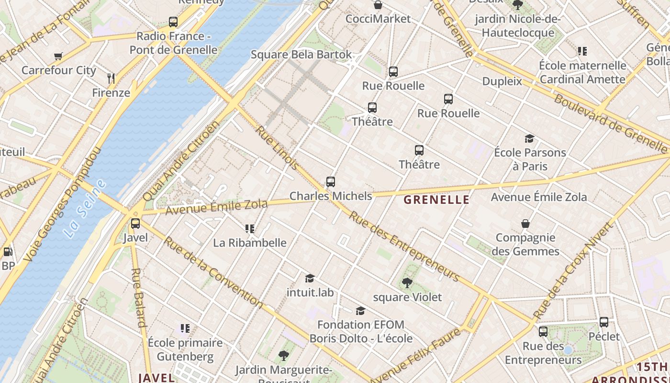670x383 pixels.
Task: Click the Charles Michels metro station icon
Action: coord(331,182)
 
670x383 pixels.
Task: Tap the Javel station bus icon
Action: coord(135,223)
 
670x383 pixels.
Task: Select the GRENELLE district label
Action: coord(436,200)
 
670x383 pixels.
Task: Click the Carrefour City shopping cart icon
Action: coord(58,56)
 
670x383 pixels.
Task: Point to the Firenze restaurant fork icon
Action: coord(111,78)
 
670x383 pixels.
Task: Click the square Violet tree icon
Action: coord(407,283)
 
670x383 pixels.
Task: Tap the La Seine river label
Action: coord(85,209)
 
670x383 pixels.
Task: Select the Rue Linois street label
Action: coord(277,148)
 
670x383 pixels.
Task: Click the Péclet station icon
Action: coord(604,322)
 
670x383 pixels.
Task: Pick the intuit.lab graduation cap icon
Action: coord(310,278)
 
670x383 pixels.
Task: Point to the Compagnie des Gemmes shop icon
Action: coord(525,224)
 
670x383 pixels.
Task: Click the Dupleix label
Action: coord(502,81)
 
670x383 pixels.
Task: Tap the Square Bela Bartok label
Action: coord(301,55)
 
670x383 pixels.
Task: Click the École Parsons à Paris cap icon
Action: coord(529,139)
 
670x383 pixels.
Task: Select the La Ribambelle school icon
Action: coord(249,228)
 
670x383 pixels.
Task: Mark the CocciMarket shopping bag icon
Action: coord(378,5)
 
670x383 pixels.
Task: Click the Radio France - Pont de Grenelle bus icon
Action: coord(173,22)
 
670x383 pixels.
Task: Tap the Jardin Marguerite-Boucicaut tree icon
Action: coord(284,355)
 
